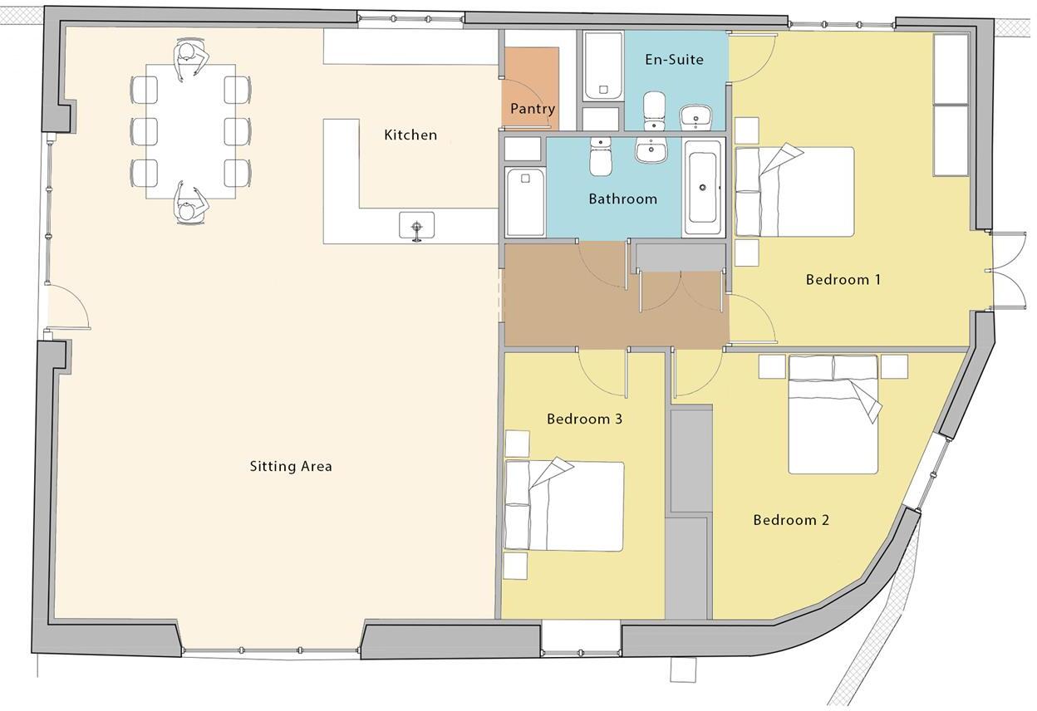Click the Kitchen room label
pyautogui.click(x=410, y=135)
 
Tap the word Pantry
pyautogui.click(x=532, y=109)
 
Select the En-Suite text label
pyautogui.click(x=674, y=60)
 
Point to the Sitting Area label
pyautogui.click(x=291, y=466)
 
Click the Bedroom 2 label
pyautogui.click(x=790, y=520)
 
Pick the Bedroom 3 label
pyautogui.click(x=584, y=419)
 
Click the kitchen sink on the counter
pyautogui.click(x=416, y=226)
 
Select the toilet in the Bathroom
pyautogui.click(x=601, y=156)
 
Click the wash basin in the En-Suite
pyautogui.click(x=695, y=118)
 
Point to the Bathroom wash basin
pyautogui.click(x=652, y=150)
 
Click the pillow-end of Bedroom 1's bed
pyautogui.click(x=748, y=192)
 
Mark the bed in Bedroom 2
pyautogui.click(x=833, y=414)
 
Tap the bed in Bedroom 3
pyautogui.click(x=564, y=506)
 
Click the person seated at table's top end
pyautogui.click(x=190, y=60)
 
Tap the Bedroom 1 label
pyautogui.click(x=843, y=279)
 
